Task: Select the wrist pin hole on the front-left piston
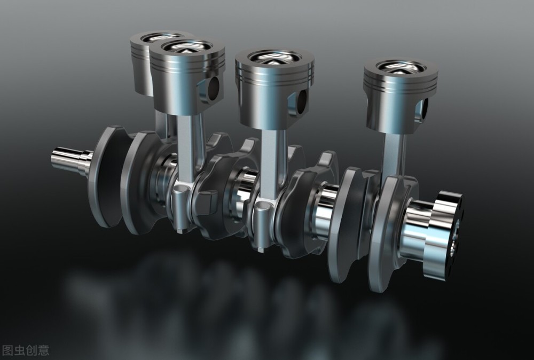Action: (213, 89)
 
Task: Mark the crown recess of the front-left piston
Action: (186, 46)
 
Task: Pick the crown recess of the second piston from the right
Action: (274, 57)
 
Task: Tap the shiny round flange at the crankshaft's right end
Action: (443, 235)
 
